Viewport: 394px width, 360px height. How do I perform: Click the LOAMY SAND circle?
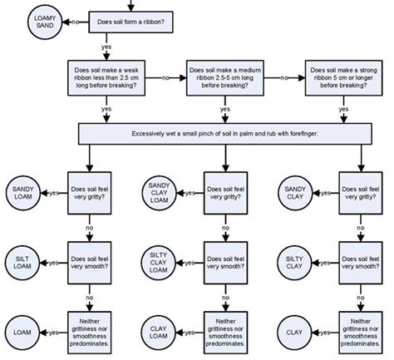[x=45, y=22]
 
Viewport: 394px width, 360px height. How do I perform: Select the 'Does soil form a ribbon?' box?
[x=131, y=22]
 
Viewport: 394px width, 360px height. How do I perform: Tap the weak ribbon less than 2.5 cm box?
[x=106, y=78]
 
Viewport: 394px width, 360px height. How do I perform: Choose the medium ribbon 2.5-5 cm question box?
[x=225, y=78]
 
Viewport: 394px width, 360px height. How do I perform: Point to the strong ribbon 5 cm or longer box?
[x=344, y=78]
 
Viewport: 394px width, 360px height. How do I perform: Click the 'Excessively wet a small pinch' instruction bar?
[x=225, y=134]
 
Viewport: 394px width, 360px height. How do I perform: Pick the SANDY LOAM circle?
[x=23, y=193]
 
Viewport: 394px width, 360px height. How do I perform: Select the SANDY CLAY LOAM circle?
[x=160, y=193]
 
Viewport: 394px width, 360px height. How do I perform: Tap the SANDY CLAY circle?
[x=295, y=193]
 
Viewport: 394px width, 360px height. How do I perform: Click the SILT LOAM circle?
[x=22, y=263]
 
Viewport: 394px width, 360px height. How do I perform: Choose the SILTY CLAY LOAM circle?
[x=159, y=263]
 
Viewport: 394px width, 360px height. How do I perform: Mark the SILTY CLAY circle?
[x=294, y=263]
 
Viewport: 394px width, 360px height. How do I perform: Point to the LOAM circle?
[x=22, y=333]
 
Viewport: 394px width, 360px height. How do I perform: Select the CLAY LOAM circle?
[x=159, y=333]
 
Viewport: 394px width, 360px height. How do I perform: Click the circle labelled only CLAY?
[x=294, y=333]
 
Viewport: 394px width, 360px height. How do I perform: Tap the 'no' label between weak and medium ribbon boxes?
[x=165, y=78]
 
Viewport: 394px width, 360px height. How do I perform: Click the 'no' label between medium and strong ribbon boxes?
[x=284, y=78]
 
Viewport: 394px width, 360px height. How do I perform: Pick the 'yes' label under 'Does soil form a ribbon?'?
[x=106, y=47]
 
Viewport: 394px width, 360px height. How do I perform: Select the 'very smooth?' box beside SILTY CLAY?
[x=361, y=263]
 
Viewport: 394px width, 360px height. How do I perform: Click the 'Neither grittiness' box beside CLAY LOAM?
[x=225, y=333]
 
